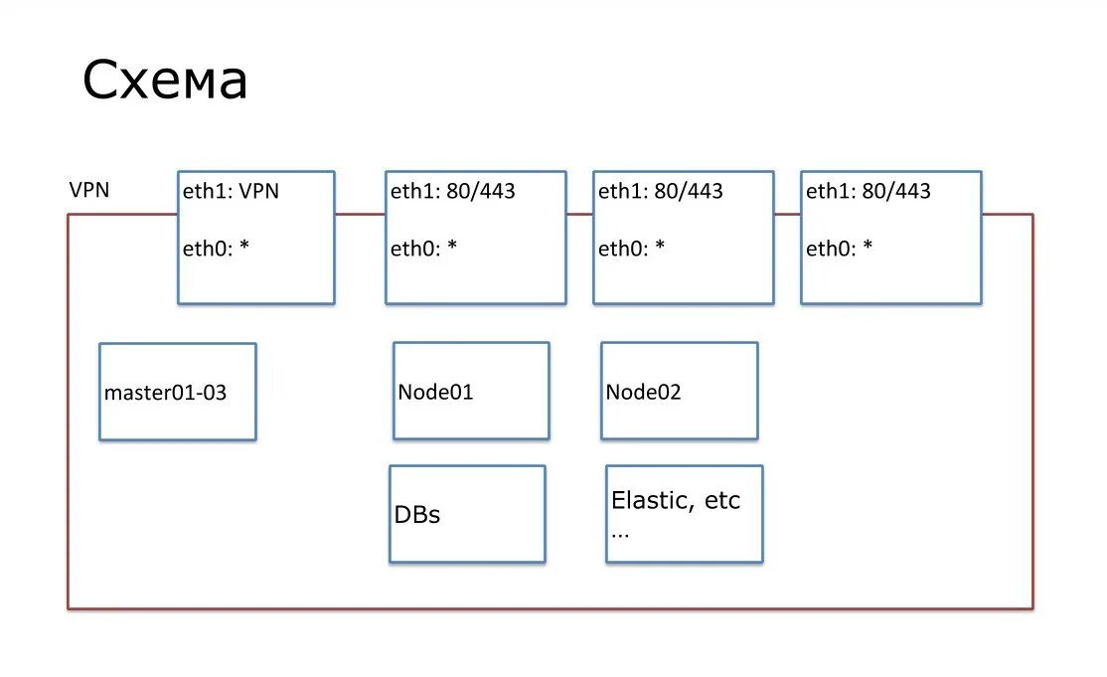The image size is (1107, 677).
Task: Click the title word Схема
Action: tap(165, 80)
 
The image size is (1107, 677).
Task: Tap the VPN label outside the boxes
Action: tap(89, 190)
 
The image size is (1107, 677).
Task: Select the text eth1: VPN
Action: tap(231, 191)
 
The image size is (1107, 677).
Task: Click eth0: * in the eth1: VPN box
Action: tap(216, 248)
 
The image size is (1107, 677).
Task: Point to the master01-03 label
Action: tap(165, 393)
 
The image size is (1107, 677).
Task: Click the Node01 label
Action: tap(435, 392)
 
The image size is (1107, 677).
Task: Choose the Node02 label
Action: tap(643, 392)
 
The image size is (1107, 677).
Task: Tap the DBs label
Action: tap(417, 515)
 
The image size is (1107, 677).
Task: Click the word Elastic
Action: tap(652, 500)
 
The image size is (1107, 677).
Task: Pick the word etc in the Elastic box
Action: tap(722, 500)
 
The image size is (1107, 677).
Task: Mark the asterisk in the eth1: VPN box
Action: tap(244, 245)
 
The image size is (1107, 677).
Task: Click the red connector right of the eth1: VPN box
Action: tap(360, 214)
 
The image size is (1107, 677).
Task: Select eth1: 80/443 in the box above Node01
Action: tap(452, 191)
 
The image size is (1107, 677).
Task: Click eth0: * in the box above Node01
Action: tap(423, 248)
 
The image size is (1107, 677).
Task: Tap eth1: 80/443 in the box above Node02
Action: tap(660, 191)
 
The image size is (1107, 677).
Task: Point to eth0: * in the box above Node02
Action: tap(631, 248)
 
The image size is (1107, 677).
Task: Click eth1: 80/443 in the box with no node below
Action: tap(869, 191)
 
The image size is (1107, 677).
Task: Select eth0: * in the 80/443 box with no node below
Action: tap(840, 248)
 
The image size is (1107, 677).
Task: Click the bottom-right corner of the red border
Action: tap(1032, 608)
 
